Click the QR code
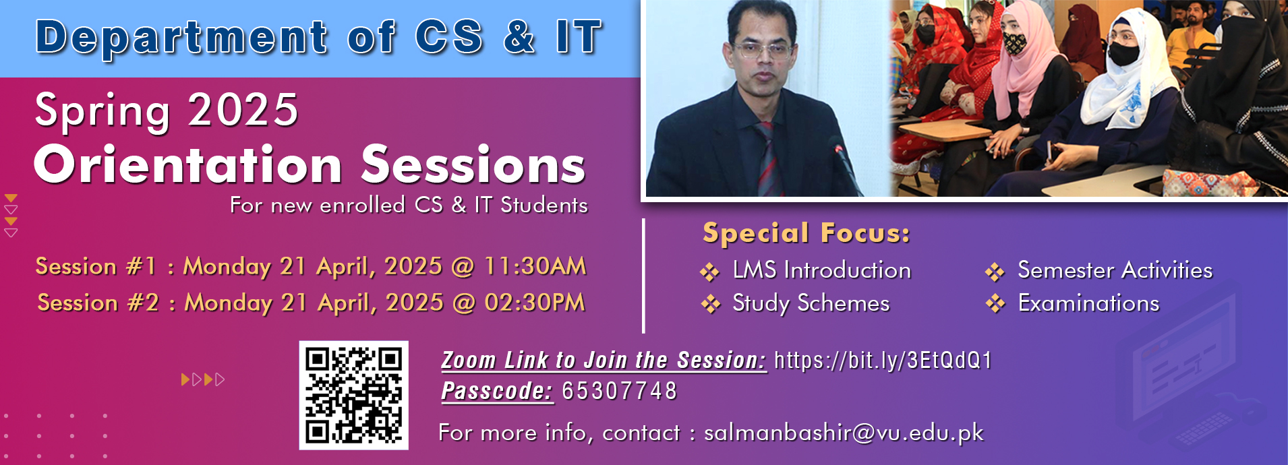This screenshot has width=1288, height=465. point(354,395)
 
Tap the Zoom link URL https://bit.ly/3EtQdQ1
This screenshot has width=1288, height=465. point(883,361)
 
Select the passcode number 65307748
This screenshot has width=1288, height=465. point(619,391)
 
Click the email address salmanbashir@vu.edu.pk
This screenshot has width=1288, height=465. point(844,432)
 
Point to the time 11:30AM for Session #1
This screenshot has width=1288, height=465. point(535,266)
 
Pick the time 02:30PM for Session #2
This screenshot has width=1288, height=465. point(534,303)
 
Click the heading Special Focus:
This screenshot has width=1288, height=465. point(807,233)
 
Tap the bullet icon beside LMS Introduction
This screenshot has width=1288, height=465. point(709,272)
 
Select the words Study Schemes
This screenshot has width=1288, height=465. point(811,303)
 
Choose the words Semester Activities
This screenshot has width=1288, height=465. point(1115,270)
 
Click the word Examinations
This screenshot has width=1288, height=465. point(1088,303)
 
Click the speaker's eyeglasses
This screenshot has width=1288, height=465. point(763,49)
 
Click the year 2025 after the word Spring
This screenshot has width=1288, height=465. point(243,110)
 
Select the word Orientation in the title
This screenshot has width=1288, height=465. point(188,164)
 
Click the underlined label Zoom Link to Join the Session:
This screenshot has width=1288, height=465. point(604,361)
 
